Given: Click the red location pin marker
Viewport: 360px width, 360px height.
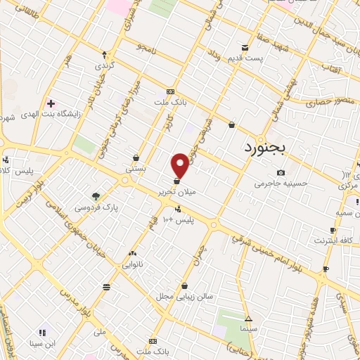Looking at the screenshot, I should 181,165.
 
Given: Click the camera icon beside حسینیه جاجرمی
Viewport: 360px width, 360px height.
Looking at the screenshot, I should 281,173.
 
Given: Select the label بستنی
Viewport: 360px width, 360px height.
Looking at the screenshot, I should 135,169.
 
